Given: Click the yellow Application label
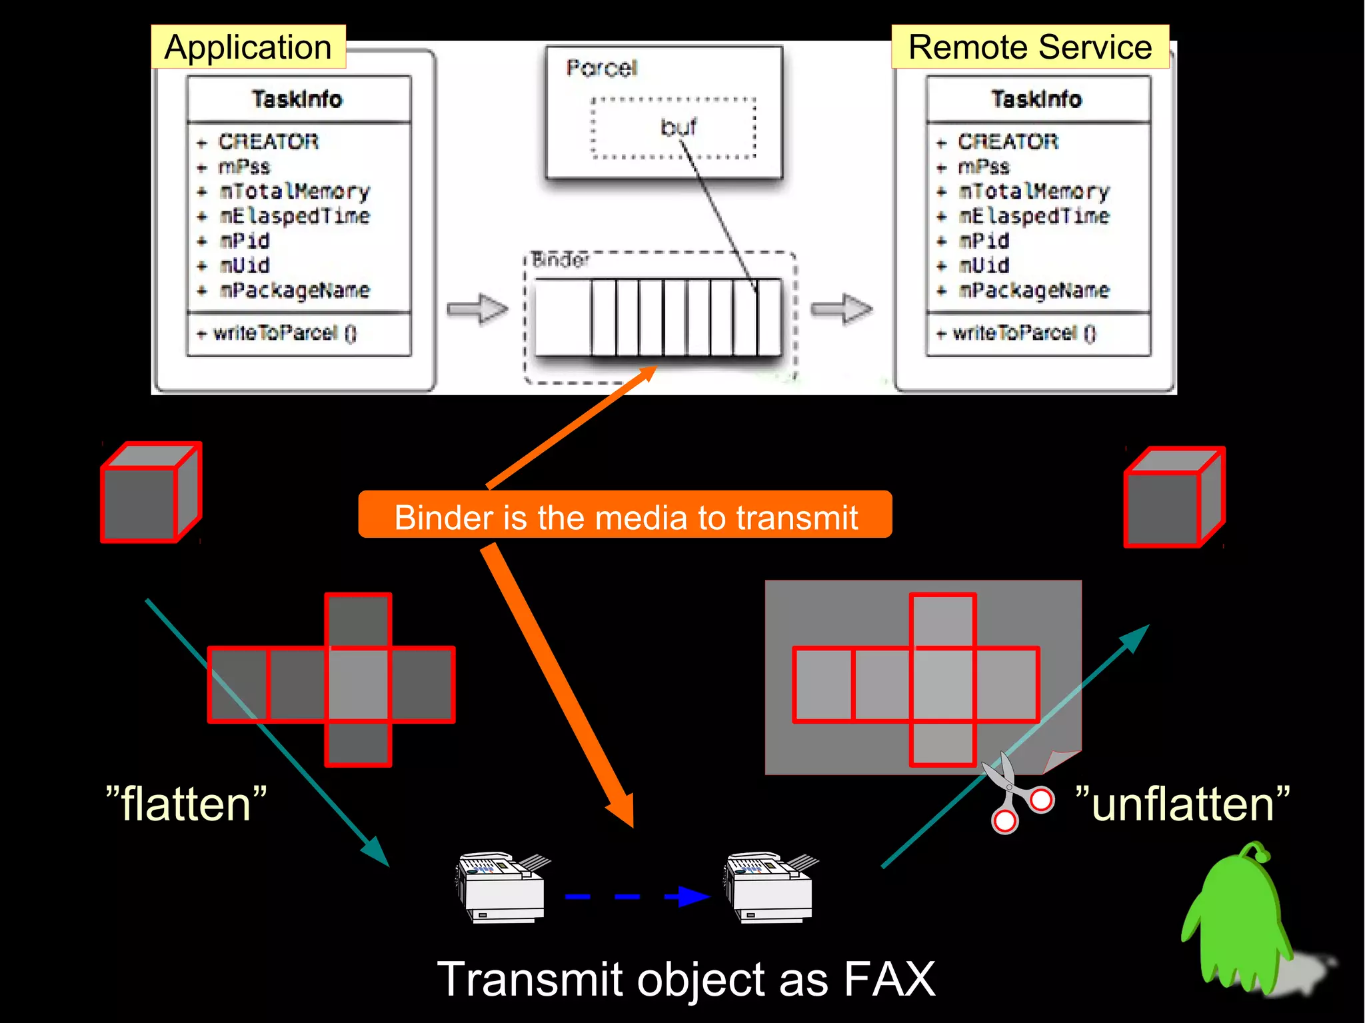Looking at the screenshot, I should [x=248, y=47].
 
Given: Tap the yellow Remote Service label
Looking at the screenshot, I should [x=1030, y=47].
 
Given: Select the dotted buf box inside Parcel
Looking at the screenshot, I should [x=673, y=128].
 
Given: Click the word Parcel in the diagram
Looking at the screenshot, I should [x=601, y=68].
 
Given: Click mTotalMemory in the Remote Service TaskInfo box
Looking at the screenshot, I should [x=1034, y=192].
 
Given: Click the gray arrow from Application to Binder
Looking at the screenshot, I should [x=478, y=309].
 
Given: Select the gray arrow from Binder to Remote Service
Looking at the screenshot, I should [x=842, y=309].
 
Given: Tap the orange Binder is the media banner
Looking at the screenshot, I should [x=625, y=516].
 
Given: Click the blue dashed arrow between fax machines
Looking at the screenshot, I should [x=637, y=896].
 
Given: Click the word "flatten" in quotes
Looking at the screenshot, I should [x=186, y=803].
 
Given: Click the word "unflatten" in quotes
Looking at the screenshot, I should [x=1182, y=803].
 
